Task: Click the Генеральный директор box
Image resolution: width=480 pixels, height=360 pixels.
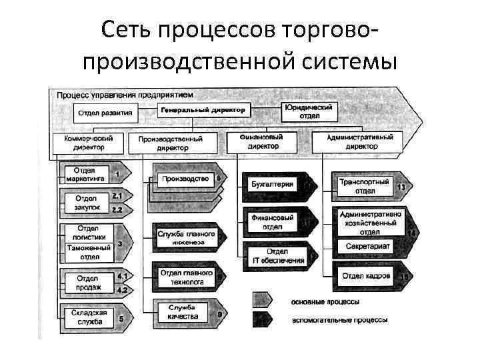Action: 202,109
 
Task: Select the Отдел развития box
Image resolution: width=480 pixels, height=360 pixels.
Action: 105,113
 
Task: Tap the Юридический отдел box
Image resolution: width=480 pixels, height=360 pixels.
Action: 309,111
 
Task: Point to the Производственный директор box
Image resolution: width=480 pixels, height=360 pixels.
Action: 179,143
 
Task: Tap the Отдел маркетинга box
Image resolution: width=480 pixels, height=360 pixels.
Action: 85,175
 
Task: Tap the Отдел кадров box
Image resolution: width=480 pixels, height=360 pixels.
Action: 366,275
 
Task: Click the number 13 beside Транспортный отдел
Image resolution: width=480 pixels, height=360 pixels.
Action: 401,187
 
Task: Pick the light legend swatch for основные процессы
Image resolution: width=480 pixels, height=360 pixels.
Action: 267,299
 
